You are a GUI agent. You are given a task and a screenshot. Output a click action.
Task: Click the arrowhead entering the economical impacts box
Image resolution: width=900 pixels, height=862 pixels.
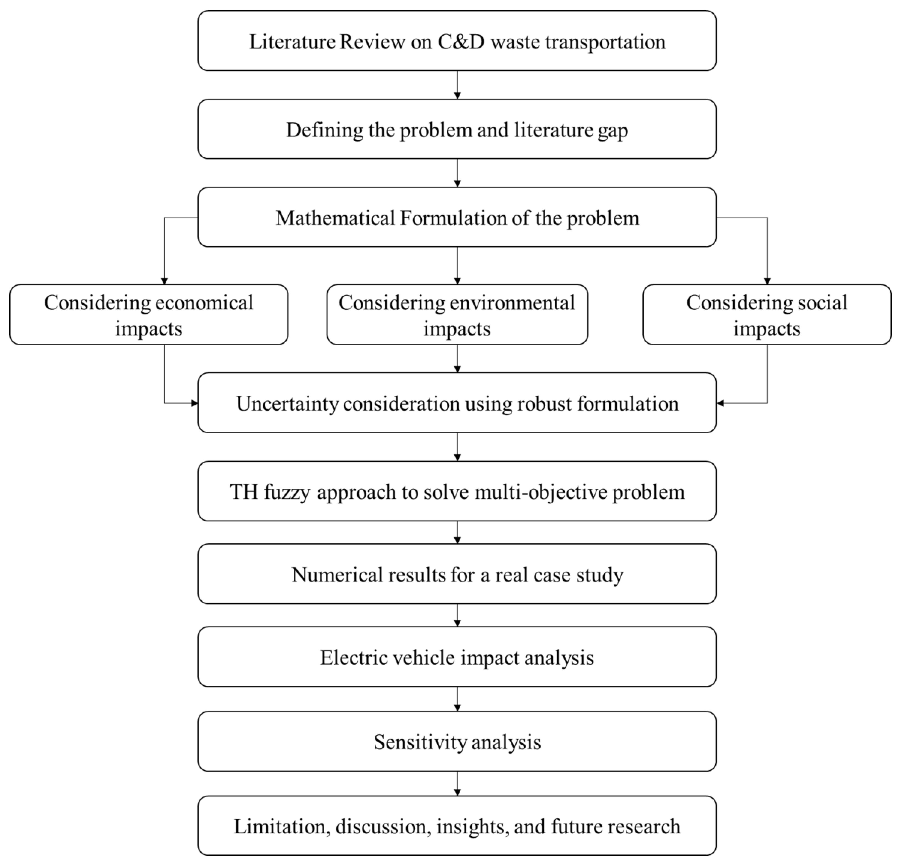click(164, 281)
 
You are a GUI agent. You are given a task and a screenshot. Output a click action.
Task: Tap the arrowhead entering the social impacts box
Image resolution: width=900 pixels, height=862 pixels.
click(767, 281)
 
